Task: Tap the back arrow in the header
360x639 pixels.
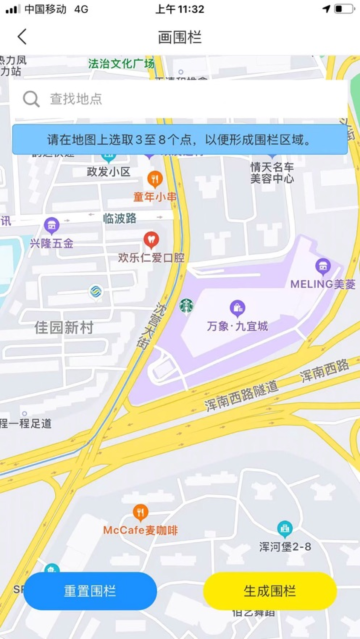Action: pyautogui.click(x=22, y=37)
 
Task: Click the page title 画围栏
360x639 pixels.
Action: pyautogui.click(x=180, y=37)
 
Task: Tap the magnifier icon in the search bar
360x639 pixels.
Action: pyautogui.click(x=31, y=99)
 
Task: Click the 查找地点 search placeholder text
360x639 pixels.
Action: pyautogui.click(x=76, y=99)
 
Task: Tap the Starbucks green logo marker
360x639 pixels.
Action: pyautogui.click(x=186, y=307)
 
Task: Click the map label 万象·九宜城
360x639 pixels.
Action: pyautogui.click(x=238, y=326)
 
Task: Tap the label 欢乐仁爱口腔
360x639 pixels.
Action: pyautogui.click(x=152, y=257)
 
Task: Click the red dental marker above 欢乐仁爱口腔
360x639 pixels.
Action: pyautogui.click(x=151, y=240)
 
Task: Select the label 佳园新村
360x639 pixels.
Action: pyautogui.click(x=63, y=328)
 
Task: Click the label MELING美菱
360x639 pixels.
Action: pyautogui.click(x=323, y=284)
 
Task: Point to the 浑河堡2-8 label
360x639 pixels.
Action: pyautogui.click(x=285, y=547)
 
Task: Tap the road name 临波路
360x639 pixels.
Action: pyautogui.click(x=119, y=218)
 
